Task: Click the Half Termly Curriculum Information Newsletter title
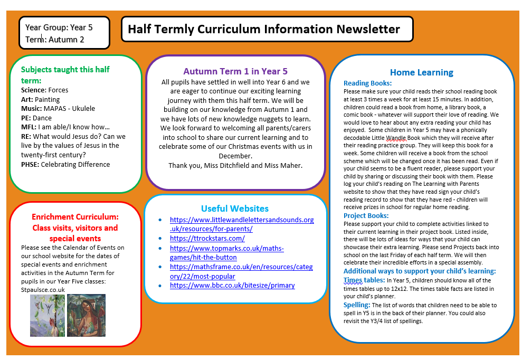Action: (263, 29)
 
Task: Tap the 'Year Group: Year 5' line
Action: (59, 27)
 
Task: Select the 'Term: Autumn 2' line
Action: (55, 40)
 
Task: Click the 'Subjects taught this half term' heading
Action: (65, 74)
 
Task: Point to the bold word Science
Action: (33, 90)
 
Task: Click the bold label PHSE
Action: (30, 164)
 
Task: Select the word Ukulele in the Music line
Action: (84, 109)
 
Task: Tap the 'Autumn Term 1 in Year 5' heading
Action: (235, 71)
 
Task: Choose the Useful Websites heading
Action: (235, 209)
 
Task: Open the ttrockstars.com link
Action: (207, 238)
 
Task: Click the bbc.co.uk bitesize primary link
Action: (232, 286)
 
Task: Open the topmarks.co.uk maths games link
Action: (226, 252)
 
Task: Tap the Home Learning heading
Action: (421, 72)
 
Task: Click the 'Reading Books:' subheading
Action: (367, 83)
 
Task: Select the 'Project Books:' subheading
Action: (366, 215)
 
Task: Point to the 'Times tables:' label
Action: (364, 280)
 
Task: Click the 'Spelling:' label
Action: (357, 305)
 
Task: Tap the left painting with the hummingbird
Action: (48, 315)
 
